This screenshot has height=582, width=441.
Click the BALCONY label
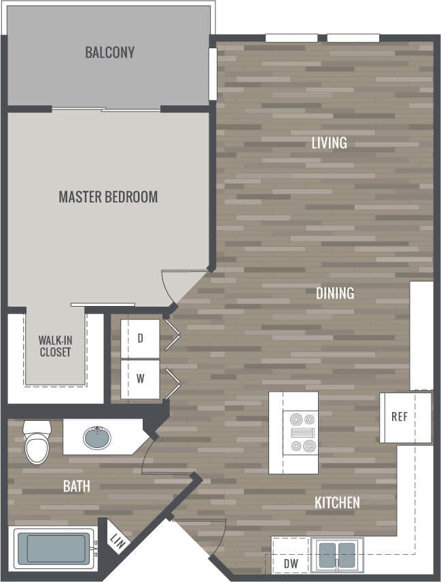(x=109, y=52)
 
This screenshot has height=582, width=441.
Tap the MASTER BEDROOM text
(x=108, y=197)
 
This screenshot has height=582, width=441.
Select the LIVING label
(x=329, y=143)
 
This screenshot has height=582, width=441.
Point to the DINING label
(x=335, y=294)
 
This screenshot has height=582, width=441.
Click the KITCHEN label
(x=337, y=503)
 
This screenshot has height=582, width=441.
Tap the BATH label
(x=76, y=486)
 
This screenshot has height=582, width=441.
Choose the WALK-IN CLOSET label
(x=55, y=345)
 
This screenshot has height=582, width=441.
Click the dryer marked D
(x=140, y=338)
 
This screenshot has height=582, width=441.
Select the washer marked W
(x=140, y=379)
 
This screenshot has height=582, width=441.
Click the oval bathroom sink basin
(x=99, y=437)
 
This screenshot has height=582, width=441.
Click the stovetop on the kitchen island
(x=302, y=433)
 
